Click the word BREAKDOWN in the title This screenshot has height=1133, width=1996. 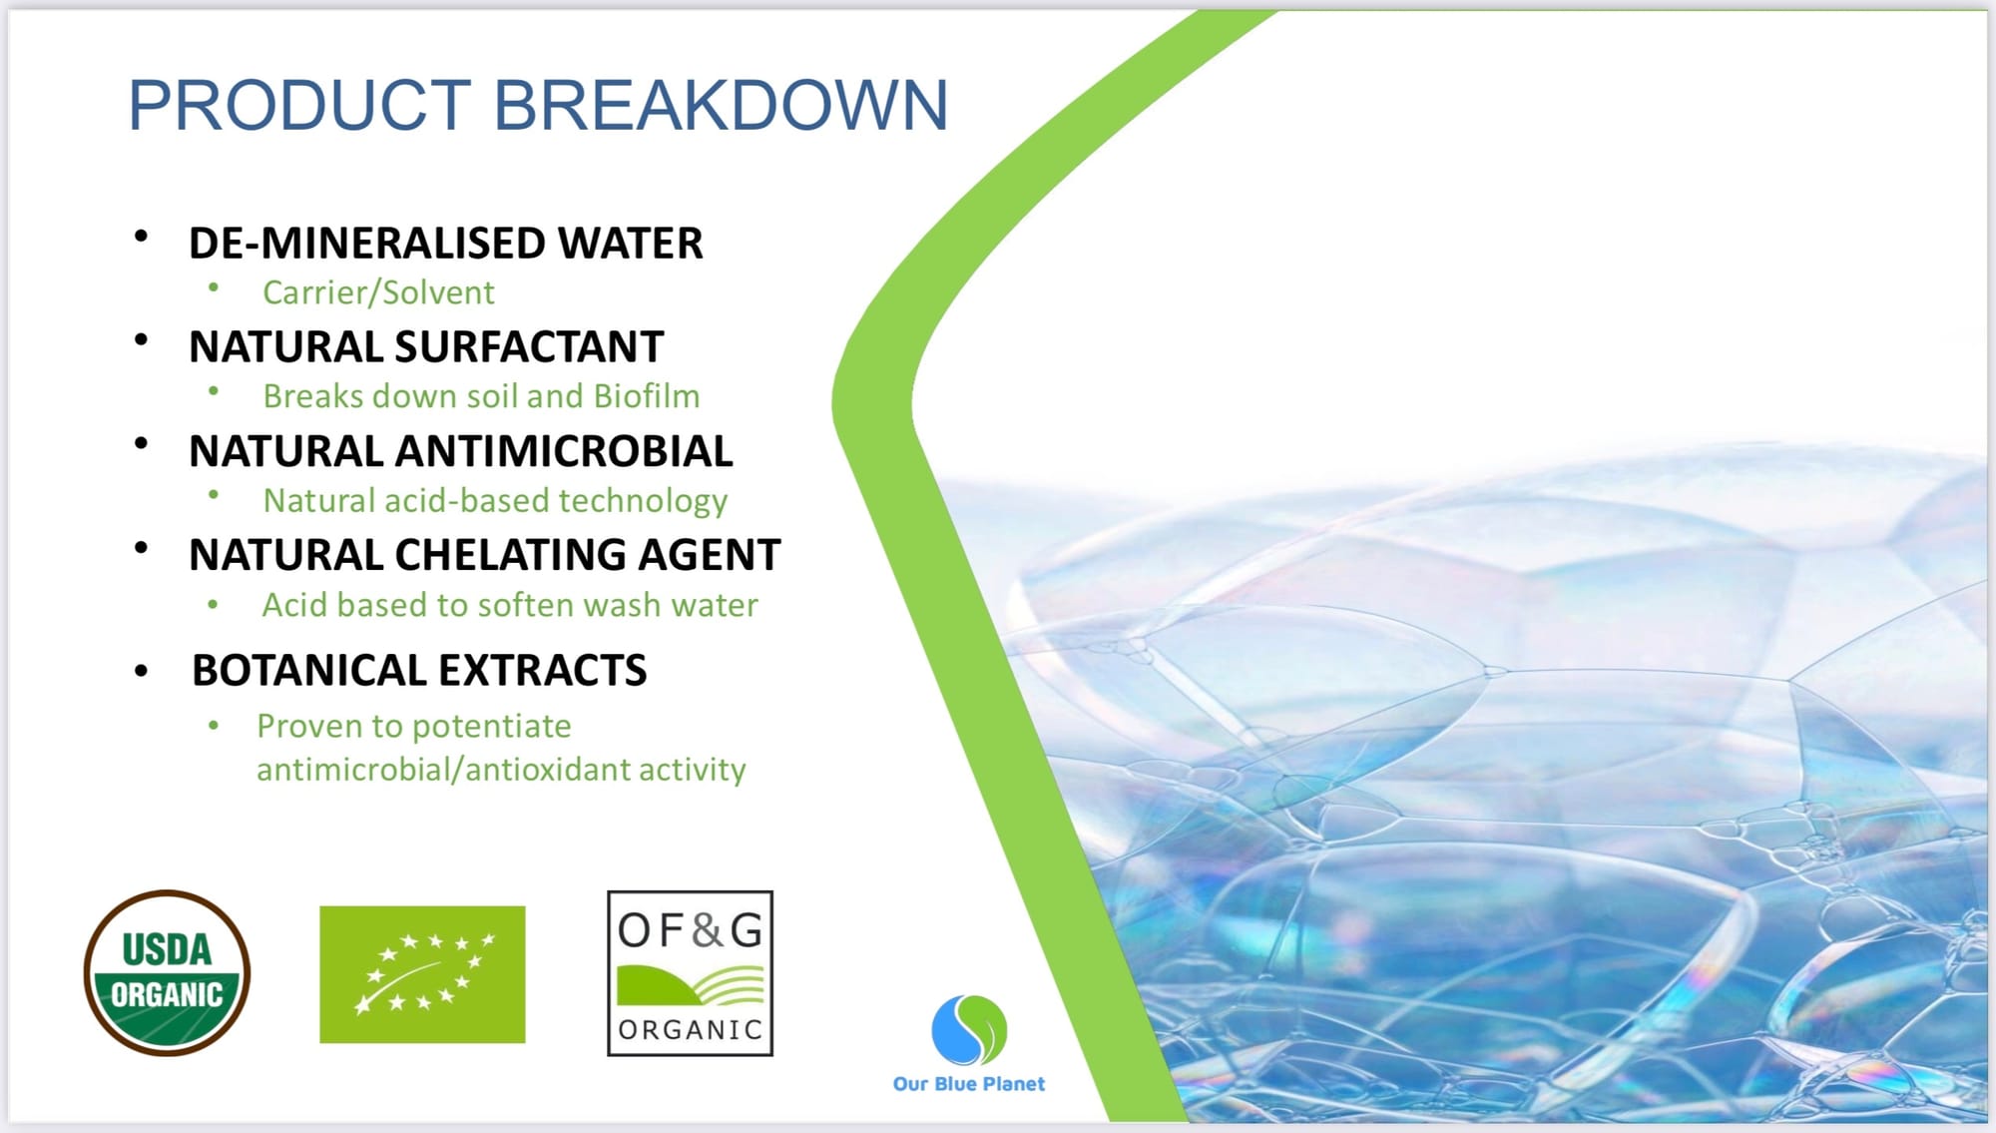(x=720, y=105)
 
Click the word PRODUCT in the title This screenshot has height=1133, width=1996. (x=299, y=105)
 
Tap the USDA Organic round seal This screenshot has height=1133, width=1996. (x=167, y=972)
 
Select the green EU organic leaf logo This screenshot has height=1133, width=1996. (x=422, y=974)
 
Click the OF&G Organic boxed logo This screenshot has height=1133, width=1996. (x=690, y=973)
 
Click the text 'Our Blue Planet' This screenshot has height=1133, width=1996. (x=968, y=1083)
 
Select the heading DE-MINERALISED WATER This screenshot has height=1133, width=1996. (x=445, y=244)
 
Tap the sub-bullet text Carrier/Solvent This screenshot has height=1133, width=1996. (x=378, y=292)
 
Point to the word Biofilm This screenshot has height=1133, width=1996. (x=647, y=396)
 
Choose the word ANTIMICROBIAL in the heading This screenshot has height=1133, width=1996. (x=564, y=451)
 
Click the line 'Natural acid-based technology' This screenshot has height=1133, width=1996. (x=495, y=501)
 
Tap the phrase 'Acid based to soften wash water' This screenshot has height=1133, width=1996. (x=510, y=605)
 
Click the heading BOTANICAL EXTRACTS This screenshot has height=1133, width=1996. (x=419, y=671)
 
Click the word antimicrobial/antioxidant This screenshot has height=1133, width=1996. (x=501, y=770)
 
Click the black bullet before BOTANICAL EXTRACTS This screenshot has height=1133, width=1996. (x=141, y=672)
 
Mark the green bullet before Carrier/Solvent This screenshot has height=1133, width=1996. (x=214, y=287)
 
